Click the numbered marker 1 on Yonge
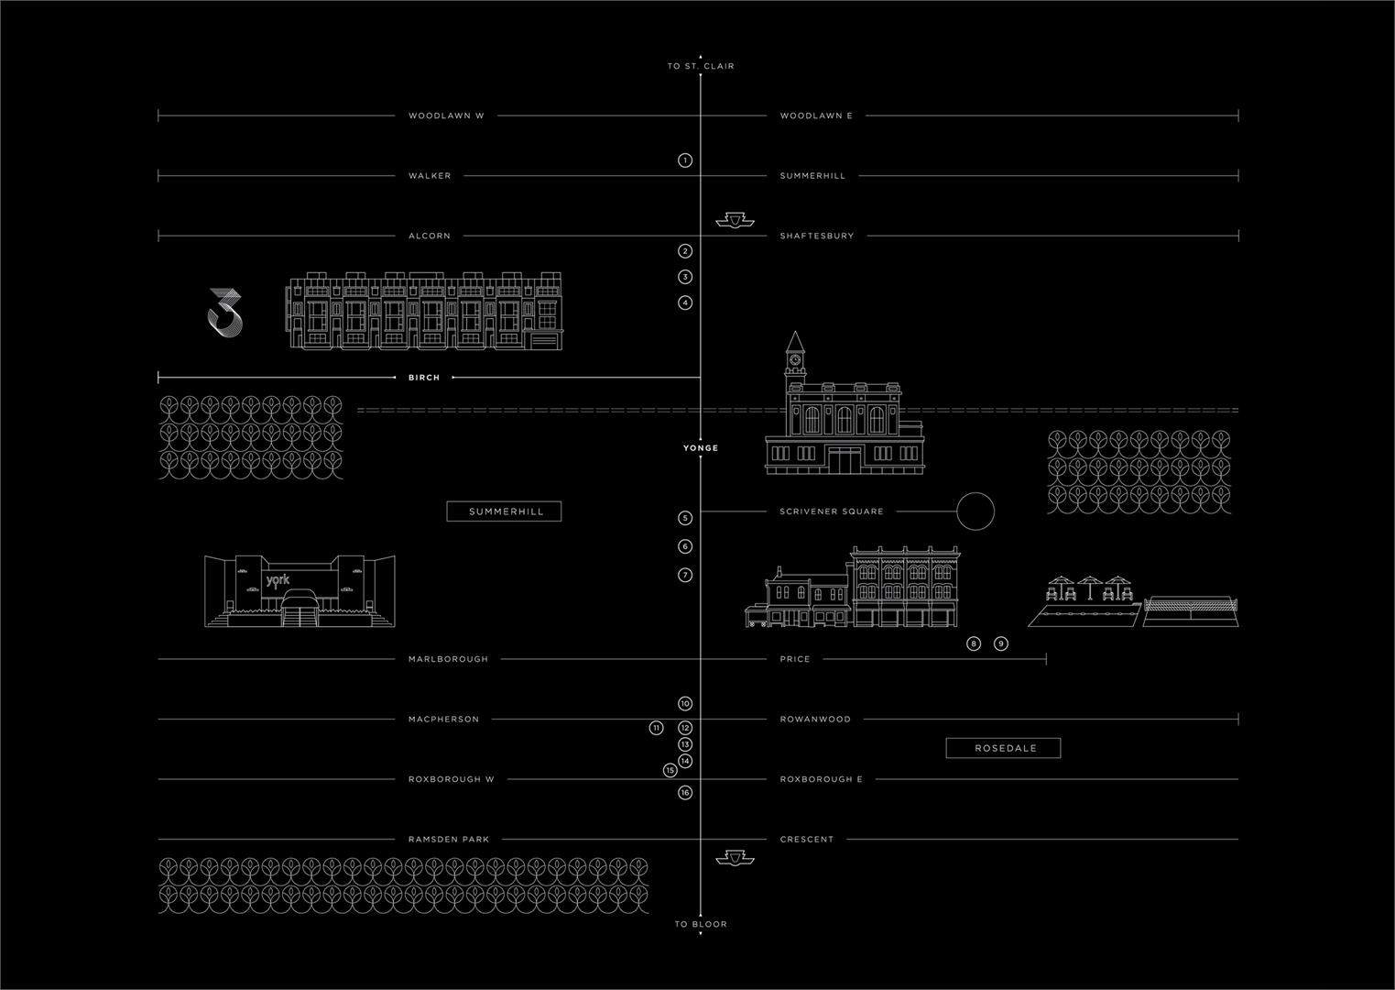click(x=685, y=160)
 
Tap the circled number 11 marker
click(x=656, y=728)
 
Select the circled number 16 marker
click(x=685, y=793)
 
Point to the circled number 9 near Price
click(x=1001, y=643)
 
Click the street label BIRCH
click(x=424, y=378)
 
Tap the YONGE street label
click(x=701, y=448)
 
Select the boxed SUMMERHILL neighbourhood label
click(x=504, y=511)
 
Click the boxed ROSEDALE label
click(x=1004, y=748)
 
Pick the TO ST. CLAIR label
click(x=701, y=66)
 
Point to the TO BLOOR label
click(x=701, y=924)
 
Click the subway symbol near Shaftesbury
click(x=734, y=220)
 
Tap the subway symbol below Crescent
click(x=734, y=857)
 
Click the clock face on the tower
click(x=794, y=360)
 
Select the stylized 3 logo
click(x=225, y=311)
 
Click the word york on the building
click(x=278, y=580)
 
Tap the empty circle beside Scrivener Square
click(x=975, y=511)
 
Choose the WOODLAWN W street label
click(x=446, y=116)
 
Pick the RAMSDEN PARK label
click(x=449, y=840)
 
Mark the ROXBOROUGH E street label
click(x=822, y=779)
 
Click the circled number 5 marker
click(x=685, y=518)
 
